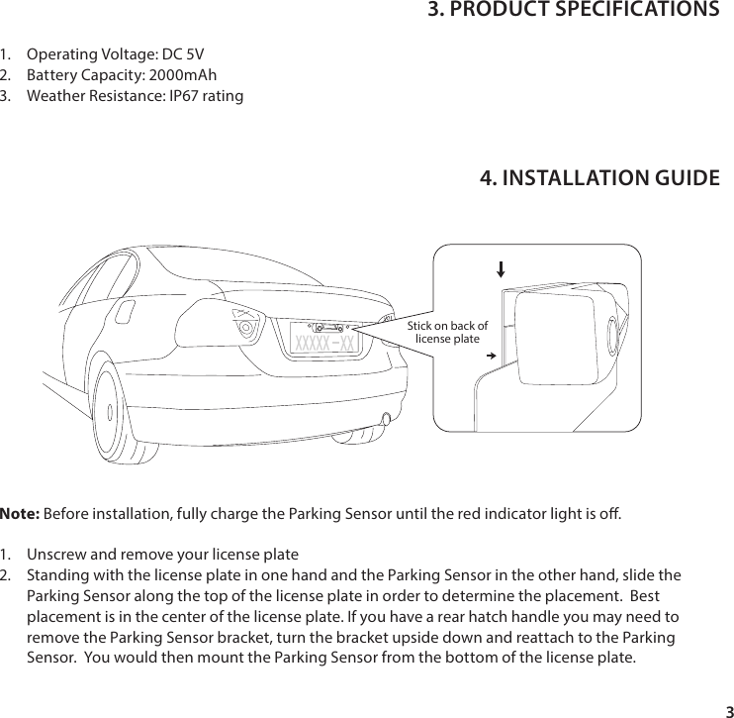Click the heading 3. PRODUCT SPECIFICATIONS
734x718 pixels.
pyautogui.click(x=573, y=11)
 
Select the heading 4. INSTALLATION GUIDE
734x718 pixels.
pyautogui.click(x=598, y=178)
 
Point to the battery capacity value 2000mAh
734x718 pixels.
pyautogui.click(x=183, y=75)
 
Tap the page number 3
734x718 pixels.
pyautogui.click(x=727, y=711)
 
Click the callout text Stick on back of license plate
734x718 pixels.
pyautogui.click(x=448, y=332)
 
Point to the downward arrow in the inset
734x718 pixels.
pyautogui.click(x=501, y=268)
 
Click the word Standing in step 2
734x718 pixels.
pyautogui.click(x=59, y=575)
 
